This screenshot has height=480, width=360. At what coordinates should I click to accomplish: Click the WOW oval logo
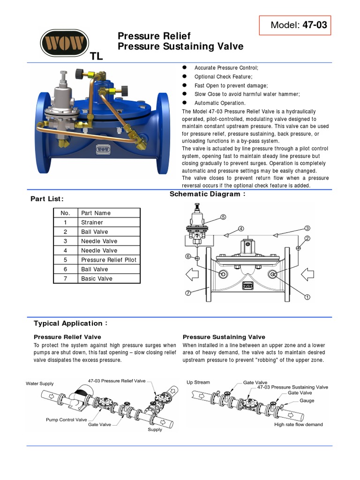click(x=64, y=45)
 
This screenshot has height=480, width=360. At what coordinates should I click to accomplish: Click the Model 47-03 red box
click(x=295, y=25)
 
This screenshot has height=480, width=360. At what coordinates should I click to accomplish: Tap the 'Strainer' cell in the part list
click(x=92, y=222)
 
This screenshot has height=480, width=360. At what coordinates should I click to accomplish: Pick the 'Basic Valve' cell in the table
click(x=97, y=278)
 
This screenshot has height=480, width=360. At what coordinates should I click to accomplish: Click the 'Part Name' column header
click(x=96, y=213)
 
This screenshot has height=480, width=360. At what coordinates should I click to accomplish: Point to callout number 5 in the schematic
click(x=223, y=217)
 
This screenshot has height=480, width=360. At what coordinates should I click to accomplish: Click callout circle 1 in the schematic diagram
click(x=307, y=297)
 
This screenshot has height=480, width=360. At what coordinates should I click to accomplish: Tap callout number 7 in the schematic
click(x=187, y=293)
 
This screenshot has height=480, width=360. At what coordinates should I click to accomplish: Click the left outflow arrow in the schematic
click(x=192, y=273)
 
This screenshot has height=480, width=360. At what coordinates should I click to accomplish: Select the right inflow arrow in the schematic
click(x=308, y=273)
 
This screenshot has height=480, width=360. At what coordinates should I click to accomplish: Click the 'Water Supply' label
click(x=40, y=383)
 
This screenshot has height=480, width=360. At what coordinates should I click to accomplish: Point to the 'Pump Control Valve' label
click(x=66, y=420)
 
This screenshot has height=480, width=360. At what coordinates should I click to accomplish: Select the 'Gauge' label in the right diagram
click(x=307, y=401)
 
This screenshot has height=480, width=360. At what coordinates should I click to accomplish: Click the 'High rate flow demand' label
click(x=298, y=425)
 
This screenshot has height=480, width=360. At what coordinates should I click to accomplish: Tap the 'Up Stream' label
click(x=198, y=382)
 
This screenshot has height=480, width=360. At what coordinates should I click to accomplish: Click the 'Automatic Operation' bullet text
click(x=220, y=103)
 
